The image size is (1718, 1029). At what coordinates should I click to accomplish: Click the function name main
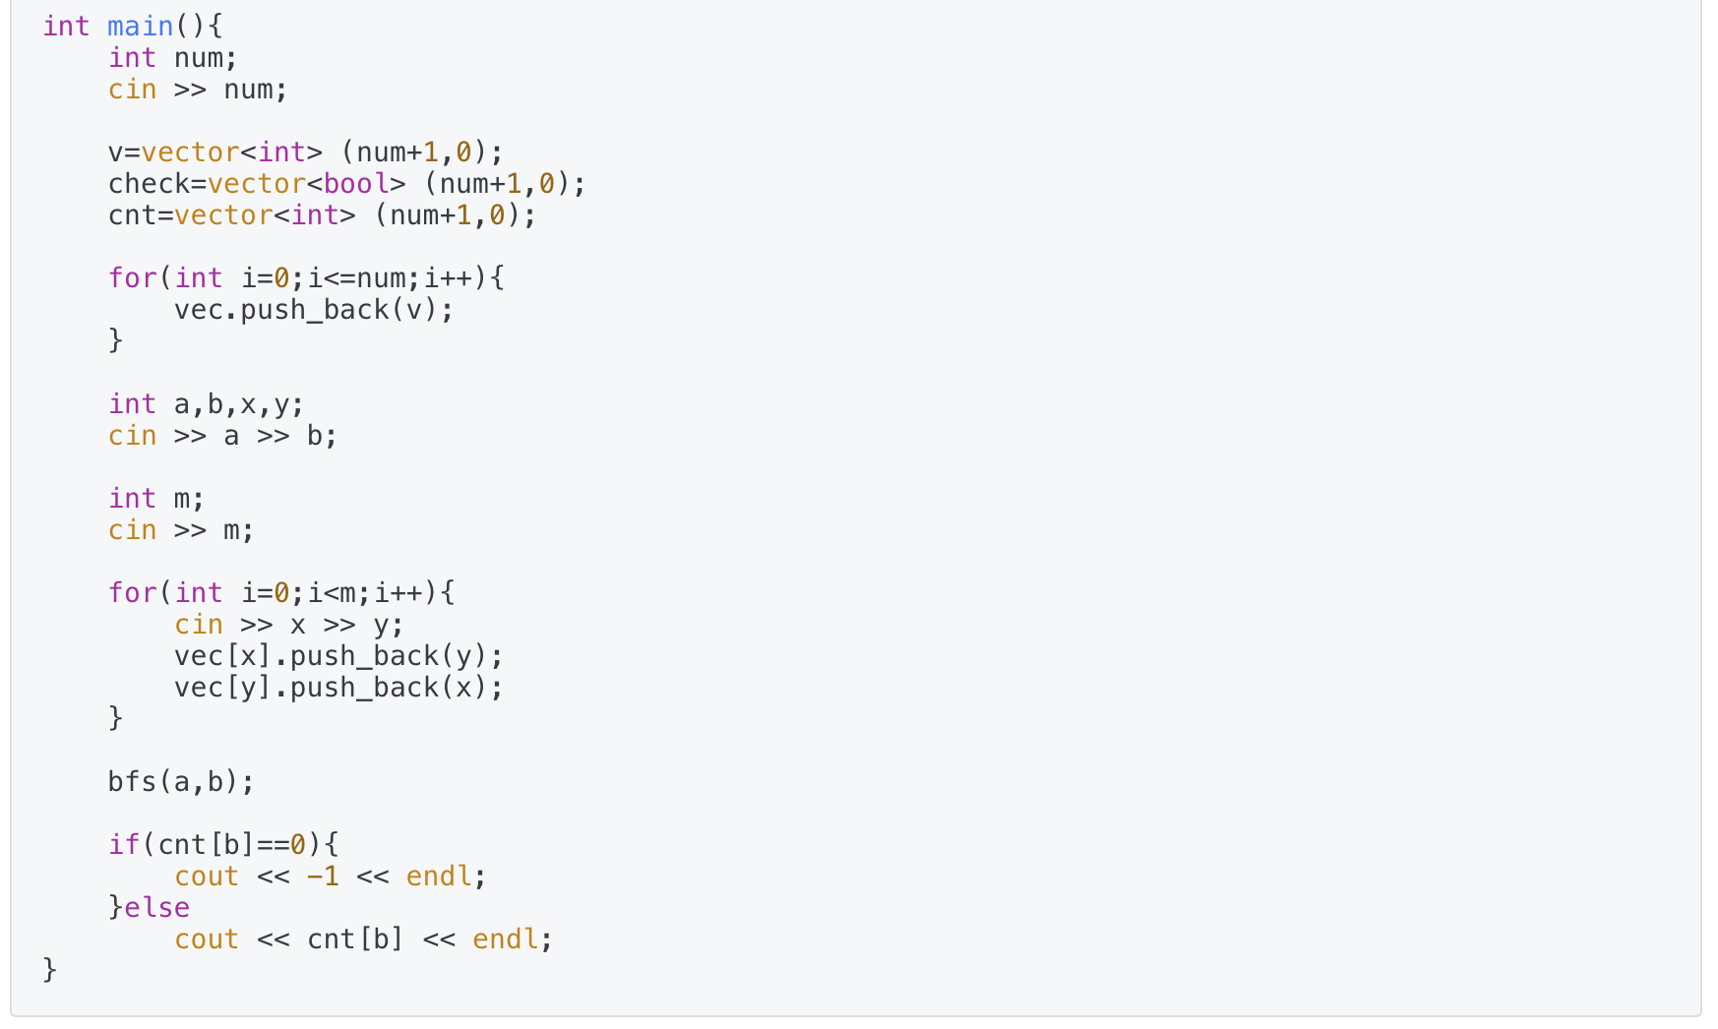(140, 27)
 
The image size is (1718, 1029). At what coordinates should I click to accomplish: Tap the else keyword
(157, 908)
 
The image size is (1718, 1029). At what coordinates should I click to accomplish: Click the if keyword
(124, 845)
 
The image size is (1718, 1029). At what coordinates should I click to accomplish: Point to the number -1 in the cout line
(323, 877)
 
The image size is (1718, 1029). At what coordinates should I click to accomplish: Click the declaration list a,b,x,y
(239, 404)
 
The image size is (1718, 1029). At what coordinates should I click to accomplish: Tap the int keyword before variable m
(133, 499)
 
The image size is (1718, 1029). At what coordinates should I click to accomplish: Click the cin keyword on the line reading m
(133, 530)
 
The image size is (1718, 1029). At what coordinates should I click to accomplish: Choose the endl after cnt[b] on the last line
(505, 939)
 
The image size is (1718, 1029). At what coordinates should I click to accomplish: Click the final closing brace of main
(50, 971)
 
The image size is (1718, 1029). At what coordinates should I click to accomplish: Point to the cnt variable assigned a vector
(132, 215)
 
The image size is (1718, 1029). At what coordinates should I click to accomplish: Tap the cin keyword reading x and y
(199, 625)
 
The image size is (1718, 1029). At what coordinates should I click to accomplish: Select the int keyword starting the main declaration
(66, 27)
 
